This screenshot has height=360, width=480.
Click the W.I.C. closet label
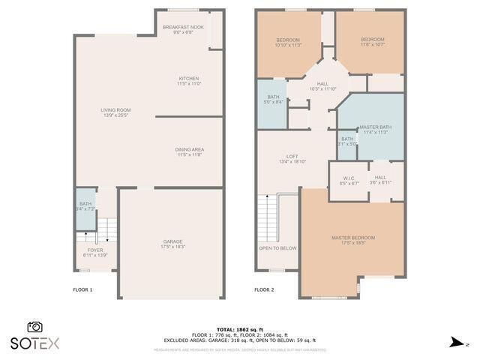pos(349,180)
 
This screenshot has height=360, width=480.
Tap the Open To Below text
pos(277,248)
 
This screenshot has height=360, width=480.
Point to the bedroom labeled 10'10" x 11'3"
pos(288,42)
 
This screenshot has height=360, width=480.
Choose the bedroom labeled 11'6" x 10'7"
pos(372,42)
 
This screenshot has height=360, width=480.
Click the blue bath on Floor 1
pos(85,205)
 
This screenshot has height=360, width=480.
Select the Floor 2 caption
pos(264,289)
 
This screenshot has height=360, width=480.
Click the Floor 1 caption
pos(82,289)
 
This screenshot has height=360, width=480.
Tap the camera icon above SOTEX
pos(34,327)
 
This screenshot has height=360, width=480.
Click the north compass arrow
pos(455,343)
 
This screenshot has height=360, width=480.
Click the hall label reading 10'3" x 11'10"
pos(322,86)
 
